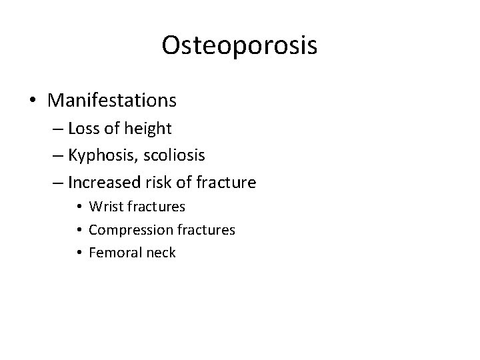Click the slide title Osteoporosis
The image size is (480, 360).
(x=239, y=45)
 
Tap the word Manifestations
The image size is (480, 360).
(x=112, y=101)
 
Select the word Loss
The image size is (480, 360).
(x=83, y=129)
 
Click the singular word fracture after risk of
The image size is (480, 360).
(x=225, y=182)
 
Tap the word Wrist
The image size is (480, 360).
(x=105, y=207)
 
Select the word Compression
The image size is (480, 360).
(x=131, y=230)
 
